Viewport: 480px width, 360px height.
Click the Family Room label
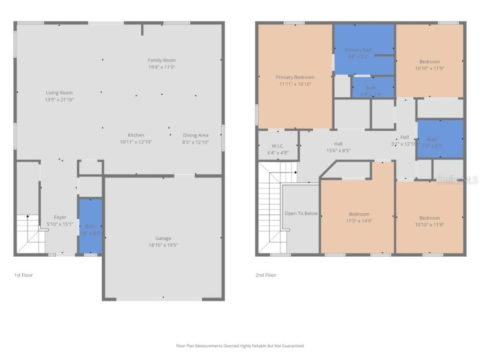coord(161,60)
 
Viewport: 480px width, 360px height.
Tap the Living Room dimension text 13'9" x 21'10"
coord(59,100)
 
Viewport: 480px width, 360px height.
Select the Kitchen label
coord(136,135)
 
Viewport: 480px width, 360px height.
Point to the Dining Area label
coord(196,135)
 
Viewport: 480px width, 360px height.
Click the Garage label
coord(163,238)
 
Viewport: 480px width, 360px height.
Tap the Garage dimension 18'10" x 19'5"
coord(163,245)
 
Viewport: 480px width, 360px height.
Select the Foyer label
coord(60,217)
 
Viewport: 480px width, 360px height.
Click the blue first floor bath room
coord(90,226)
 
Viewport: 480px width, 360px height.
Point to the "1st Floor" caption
coord(23,275)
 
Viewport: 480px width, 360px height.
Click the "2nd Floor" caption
coord(266,275)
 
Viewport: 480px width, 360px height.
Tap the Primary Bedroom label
coord(295,77)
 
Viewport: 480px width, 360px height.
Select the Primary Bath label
coord(359,50)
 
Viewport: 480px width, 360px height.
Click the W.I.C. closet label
coord(278,146)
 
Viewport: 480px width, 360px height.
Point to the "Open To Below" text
coord(301,213)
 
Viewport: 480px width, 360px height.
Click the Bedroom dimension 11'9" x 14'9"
coord(359,221)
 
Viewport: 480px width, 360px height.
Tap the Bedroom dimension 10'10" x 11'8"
coord(430,225)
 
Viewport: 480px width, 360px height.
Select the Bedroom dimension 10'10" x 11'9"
coord(430,68)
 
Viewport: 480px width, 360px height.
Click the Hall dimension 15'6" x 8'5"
coord(338,150)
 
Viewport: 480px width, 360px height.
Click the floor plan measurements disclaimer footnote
coord(240,346)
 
